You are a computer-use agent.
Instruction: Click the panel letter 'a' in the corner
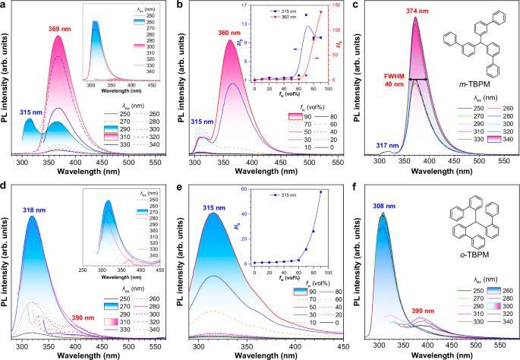click(x=5, y=5)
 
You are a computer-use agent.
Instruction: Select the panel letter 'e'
click(x=179, y=186)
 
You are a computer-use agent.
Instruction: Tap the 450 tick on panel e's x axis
click(x=336, y=345)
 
